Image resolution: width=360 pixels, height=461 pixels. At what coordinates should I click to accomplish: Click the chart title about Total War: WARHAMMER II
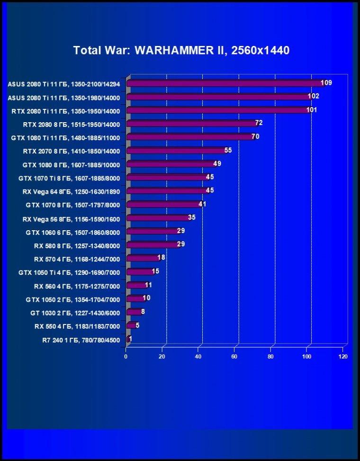click(x=181, y=50)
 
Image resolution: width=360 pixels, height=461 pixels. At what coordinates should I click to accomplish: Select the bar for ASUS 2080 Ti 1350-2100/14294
click(x=225, y=83)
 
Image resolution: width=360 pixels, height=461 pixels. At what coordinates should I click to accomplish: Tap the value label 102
click(x=313, y=96)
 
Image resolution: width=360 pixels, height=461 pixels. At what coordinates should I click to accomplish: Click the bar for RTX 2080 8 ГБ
click(x=192, y=124)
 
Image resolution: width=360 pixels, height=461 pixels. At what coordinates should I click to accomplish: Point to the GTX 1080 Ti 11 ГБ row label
click(x=65, y=138)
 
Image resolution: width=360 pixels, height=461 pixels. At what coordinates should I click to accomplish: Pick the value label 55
click(x=228, y=150)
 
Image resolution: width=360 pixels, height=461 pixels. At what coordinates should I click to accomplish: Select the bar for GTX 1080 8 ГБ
click(x=171, y=164)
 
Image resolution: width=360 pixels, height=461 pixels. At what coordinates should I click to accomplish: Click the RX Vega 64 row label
click(x=71, y=192)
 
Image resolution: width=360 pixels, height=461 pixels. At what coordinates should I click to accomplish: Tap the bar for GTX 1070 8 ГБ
click(x=164, y=205)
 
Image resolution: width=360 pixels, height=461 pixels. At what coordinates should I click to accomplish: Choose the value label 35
click(x=192, y=217)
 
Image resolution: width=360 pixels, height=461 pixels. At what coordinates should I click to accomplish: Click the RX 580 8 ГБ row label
click(x=77, y=246)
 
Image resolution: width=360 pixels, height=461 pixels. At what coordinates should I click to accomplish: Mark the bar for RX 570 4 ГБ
click(x=143, y=258)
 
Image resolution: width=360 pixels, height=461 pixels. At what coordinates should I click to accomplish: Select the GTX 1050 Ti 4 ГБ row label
click(x=69, y=273)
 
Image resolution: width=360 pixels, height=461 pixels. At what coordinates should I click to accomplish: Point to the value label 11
click(x=148, y=285)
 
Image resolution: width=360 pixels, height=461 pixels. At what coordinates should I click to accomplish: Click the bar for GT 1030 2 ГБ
click(x=134, y=312)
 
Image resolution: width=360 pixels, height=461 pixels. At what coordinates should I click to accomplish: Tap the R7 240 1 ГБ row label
click(x=81, y=341)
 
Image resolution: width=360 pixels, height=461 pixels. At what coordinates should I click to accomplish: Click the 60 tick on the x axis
click(x=234, y=357)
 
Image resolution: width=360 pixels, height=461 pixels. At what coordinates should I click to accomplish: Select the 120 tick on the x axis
click(x=343, y=357)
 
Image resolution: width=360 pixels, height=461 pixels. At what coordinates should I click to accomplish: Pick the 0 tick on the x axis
click(x=126, y=357)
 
